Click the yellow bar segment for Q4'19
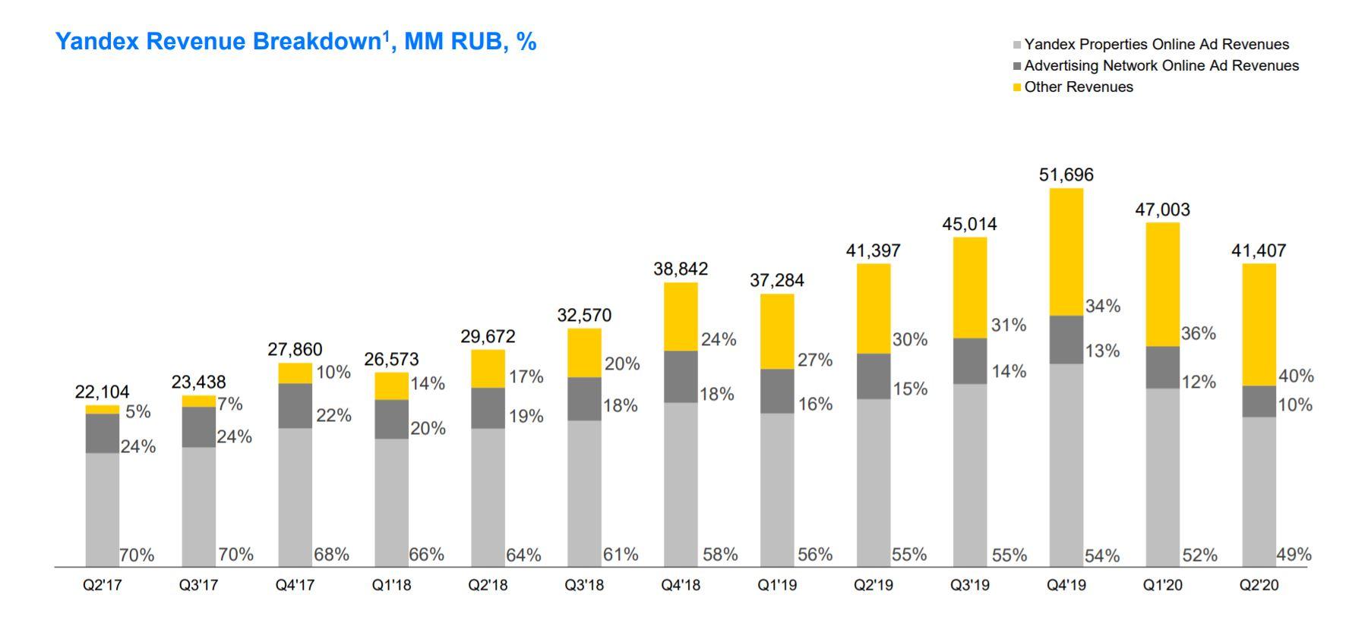(x=1066, y=251)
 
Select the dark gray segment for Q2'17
(x=102, y=433)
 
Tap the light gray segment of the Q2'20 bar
(x=1259, y=491)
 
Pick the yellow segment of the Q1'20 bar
(x=1162, y=284)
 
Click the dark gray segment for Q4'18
(x=681, y=376)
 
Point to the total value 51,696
(x=1066, y=175)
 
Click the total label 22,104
(x=102, y=392)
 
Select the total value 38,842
(x=681, y=269)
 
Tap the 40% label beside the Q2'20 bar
(x=1296, y=376)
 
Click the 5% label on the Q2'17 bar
(x=138, y=412)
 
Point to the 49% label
(x=1294, y=555)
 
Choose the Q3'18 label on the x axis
(x=584, y=586)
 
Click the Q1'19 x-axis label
(x=777, y=586)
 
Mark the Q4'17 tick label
(x=295, y=586)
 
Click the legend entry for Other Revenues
(x=1078, y=87)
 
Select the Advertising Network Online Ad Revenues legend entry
(x=1161, y=66)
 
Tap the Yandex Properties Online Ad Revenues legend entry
(x=1156, y=45)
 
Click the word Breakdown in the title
(x=316, y=42)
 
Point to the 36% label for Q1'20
(x=1198, y=334)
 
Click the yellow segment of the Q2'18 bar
(x=488, y=369)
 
